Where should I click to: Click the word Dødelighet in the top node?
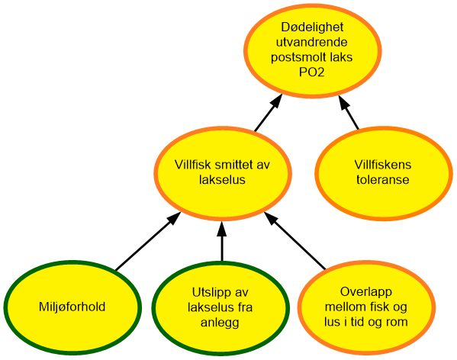point(312,27)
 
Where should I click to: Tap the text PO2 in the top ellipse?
point(312,72)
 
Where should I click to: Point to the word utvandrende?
point(312,42)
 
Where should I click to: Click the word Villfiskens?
point(383,165)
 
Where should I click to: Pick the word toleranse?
point(383,179)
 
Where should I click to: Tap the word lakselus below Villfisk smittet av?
point(222,179)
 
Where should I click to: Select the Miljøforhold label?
point(72,307)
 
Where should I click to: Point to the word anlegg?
point(220,323)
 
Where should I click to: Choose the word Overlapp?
point(366,292)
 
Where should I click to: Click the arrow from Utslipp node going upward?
point(222,241)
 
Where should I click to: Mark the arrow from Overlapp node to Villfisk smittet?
point(294,240)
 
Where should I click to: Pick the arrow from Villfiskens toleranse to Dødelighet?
point(349,112)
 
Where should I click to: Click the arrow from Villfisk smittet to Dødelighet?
point(269,113)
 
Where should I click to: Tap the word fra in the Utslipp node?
point(245,307)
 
